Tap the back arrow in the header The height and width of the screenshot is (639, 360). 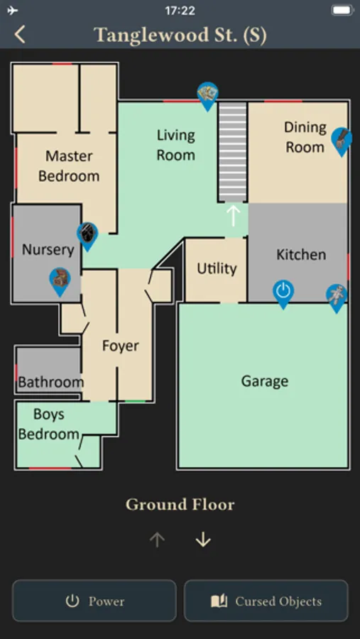(x=20, y=34)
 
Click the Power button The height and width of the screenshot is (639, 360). (x=94, y=601)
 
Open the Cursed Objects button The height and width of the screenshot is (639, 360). (x=266, y=601)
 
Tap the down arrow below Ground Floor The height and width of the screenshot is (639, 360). (x=203, y=540)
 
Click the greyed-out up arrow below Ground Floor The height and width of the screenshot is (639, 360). (x=157, y=540)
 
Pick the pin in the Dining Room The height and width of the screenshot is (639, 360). (x=342, y=142)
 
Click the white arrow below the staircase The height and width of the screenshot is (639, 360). (x=233, y=216)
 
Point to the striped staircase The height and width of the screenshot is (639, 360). (x=232, y=152)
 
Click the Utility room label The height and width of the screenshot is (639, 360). (x=217, y=268)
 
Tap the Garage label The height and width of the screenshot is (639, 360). (x=265, y=381)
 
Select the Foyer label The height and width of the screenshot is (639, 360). (x=120, y=346)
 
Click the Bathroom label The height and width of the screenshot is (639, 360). (x=51, y=382)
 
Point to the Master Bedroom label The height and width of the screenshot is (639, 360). (x=69, y=166)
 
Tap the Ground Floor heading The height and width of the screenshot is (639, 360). (x=180, y=505)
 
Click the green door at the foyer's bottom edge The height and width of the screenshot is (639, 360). (x=136, y=402)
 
